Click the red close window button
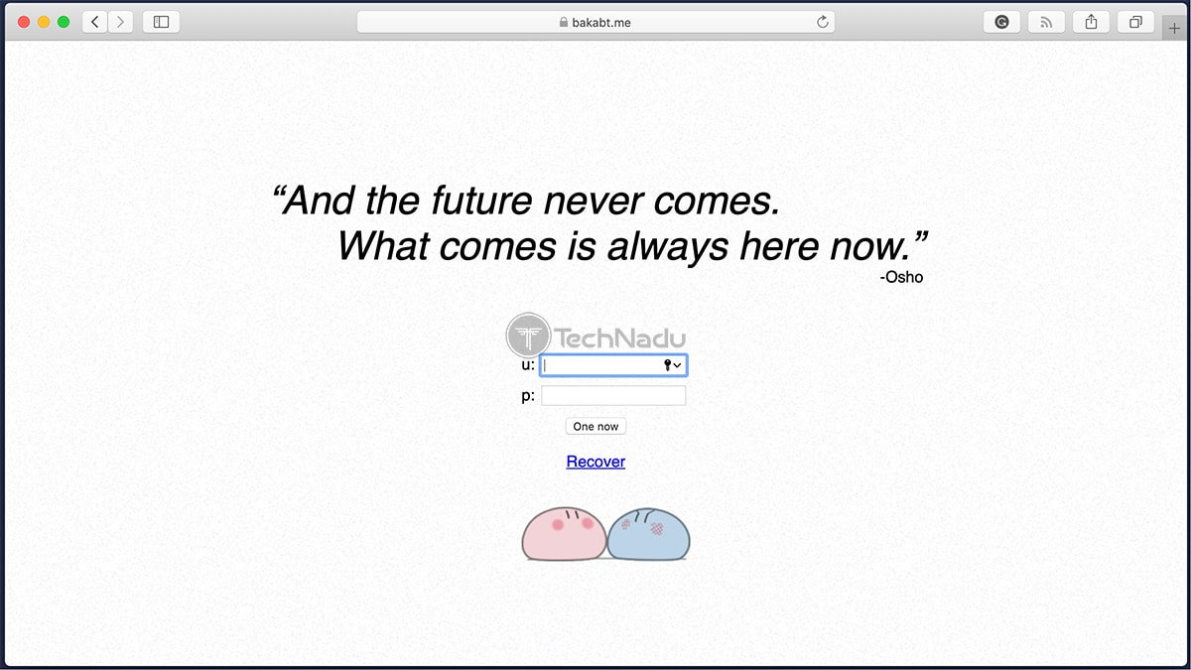point(24,22)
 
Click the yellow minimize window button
point(44,22)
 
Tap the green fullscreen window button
point(64,22)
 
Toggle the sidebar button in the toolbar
point(161,22)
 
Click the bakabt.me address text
point(600,22)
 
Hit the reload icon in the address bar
point(822,22)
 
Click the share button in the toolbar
point(1091,22)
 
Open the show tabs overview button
point(1135,22)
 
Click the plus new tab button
point(1174,28)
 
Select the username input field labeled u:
point(613,365)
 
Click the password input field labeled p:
point(613,396)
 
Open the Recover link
point(595,462)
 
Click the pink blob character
point(564,534)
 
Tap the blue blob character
point(648,534)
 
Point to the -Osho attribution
point(901,277)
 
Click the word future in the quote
point(481,201)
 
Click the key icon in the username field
point(667,365)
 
